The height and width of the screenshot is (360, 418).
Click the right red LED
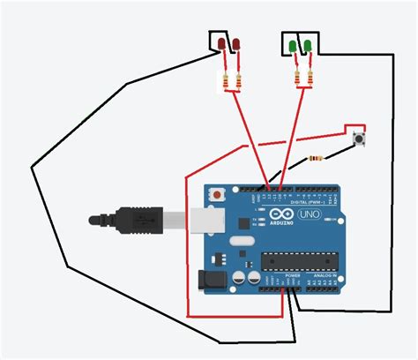click(x=235, y=43)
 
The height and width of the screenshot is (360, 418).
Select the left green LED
click(x=294, y=44)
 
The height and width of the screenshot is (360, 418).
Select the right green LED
click(x=308, y=44)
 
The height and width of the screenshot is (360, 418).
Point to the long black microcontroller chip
click(x=295, y=261)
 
